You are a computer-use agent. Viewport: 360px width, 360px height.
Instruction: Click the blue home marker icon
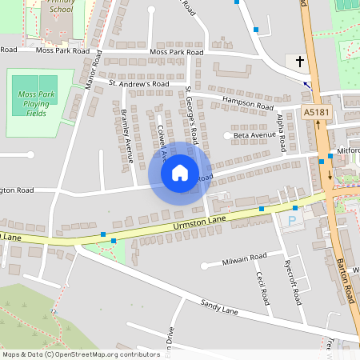180,173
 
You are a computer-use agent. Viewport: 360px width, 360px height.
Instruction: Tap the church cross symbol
300,61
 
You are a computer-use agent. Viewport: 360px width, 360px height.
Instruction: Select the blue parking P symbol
292,219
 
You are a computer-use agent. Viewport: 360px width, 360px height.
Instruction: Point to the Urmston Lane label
200,226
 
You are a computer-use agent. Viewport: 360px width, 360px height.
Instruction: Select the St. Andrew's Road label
139,83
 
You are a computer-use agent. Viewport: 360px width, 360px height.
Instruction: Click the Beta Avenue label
254,136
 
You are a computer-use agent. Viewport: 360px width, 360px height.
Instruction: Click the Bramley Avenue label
126,136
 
